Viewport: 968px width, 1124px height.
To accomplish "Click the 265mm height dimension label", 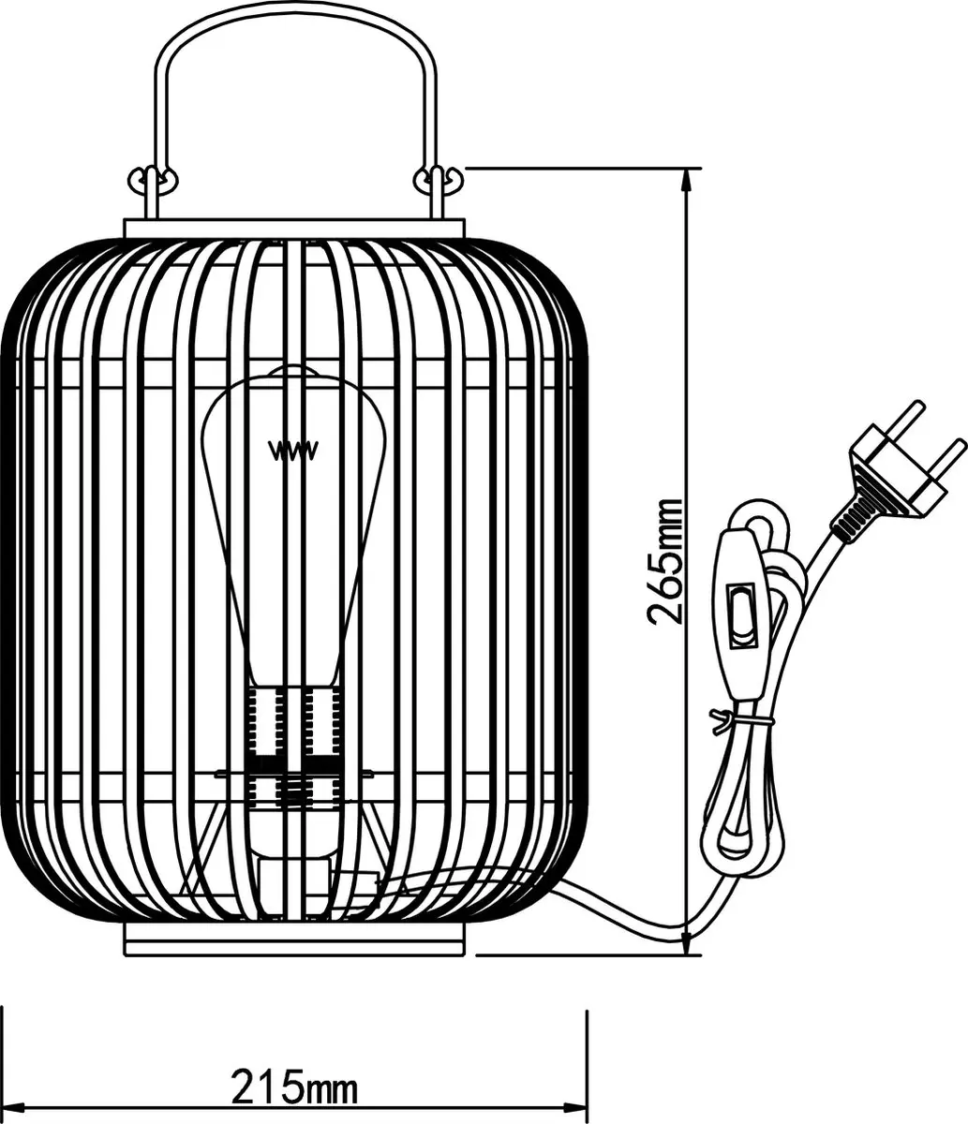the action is click(663, 562).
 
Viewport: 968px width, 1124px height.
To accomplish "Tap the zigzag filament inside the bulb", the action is click(294, 451).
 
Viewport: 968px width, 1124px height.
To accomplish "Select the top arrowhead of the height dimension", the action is click(689, 181).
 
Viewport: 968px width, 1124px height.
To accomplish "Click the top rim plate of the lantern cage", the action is click(294, 229).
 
